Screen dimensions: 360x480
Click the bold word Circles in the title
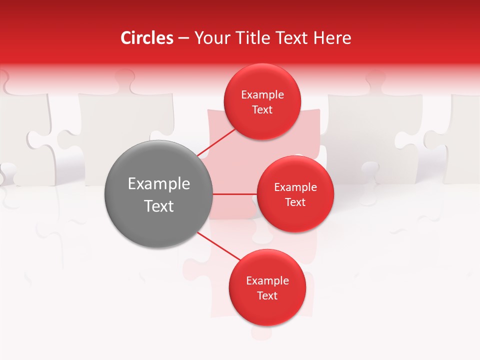pos(147,38)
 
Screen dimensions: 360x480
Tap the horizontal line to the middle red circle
pos(235,194)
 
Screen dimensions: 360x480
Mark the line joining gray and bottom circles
pos(218,246)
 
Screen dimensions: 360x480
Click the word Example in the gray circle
pos(159,184)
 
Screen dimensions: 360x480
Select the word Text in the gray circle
pos(159,206)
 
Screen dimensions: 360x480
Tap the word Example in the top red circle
pos(262,94)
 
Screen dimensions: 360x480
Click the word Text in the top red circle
pos(262,109)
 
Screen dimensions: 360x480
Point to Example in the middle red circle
pos(295,187)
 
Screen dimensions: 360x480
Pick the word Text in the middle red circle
pos(295,202)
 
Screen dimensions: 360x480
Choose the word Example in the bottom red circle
pos(267,280)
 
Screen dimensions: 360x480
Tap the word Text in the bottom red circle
pos(267,295)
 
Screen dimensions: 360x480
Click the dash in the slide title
pos(183,38)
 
